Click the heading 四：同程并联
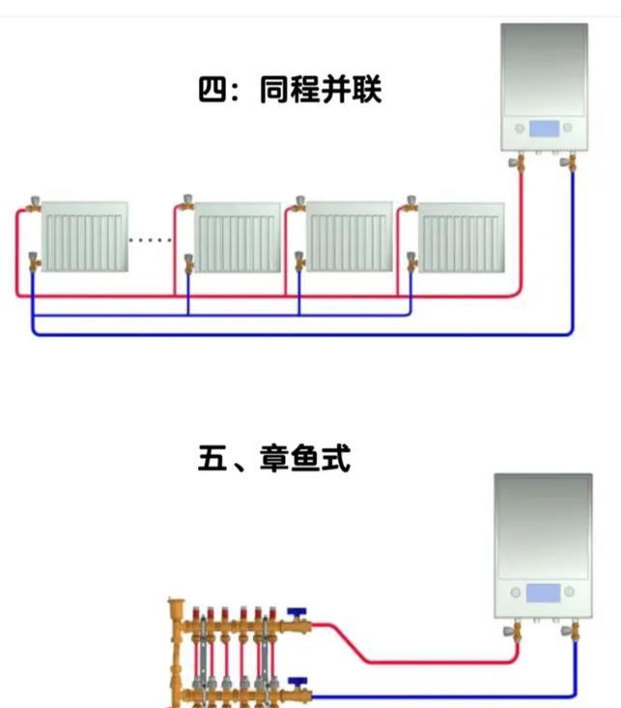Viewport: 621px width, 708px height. tap(290, 91)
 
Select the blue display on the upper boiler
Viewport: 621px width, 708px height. tap(544, 128)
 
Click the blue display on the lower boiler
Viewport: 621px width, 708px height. tap(543, 591)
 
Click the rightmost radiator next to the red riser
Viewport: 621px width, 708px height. tap(463, 237)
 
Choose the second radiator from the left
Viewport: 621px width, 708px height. tap(238, 237)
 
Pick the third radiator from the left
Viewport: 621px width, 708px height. tap(350, 237)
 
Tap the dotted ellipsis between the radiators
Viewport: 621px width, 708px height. tap(151, 239)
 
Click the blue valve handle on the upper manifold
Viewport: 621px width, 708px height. tap(296, 613)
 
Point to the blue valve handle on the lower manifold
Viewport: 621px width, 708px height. tap(296, 683)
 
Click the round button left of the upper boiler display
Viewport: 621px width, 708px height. tap(520, 128)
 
